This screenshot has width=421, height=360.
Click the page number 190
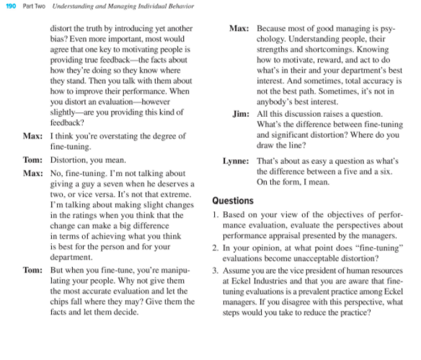[11, 6]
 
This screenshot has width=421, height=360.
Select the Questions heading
[233, 201]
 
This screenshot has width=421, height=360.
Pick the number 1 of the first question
[216, 214]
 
